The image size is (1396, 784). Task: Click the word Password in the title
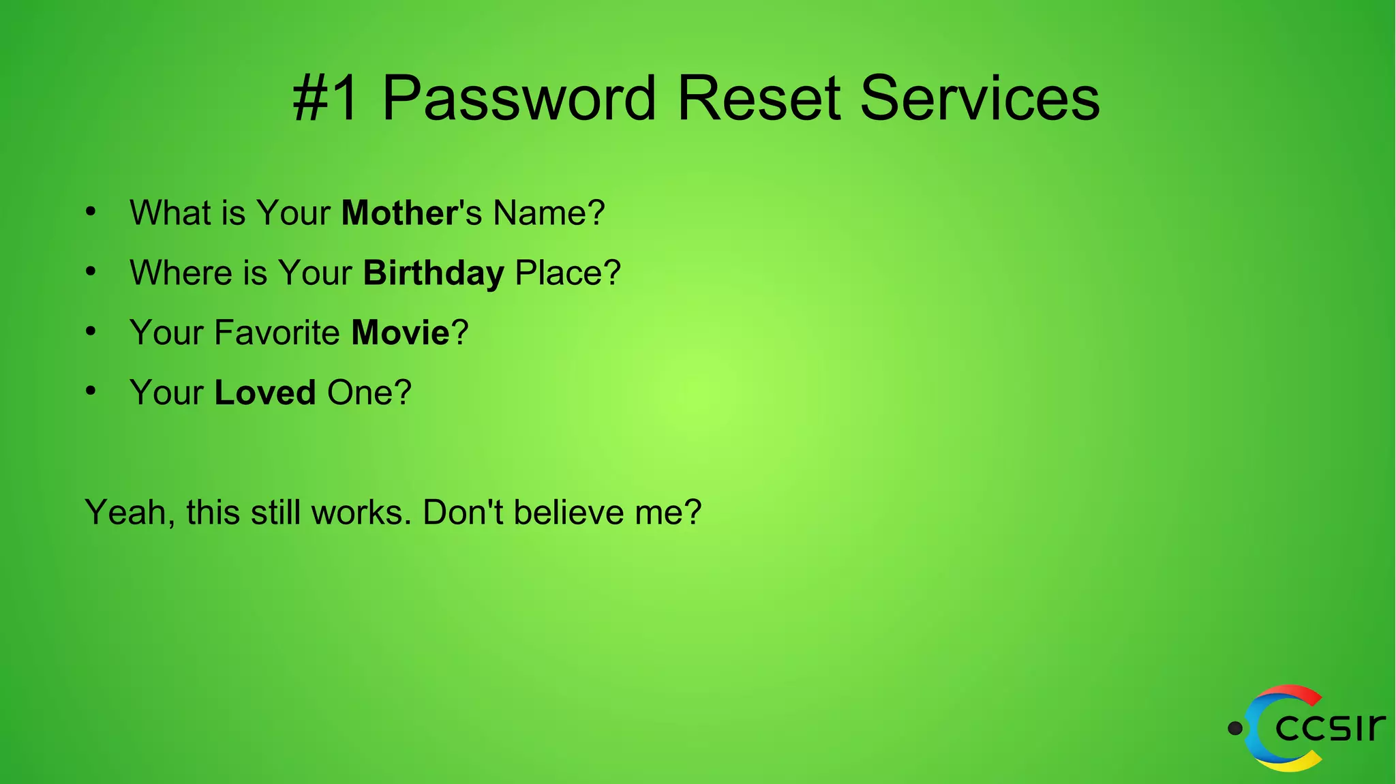519,99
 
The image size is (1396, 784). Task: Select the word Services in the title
980,99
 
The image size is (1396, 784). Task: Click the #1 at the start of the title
326,99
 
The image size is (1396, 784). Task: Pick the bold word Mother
399,213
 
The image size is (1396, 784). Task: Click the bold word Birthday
434,273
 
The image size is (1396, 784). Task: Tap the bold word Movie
400,333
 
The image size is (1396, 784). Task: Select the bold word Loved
265,393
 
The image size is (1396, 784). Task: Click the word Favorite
277,333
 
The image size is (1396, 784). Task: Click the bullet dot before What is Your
91,211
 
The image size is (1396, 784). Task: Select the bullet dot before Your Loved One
91,391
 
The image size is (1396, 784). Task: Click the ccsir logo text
1329,727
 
